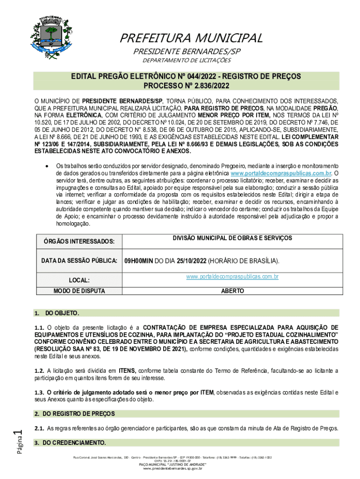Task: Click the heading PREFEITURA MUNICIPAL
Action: click(x=191, y=38)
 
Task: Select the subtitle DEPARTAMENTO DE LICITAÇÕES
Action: click(x=187, y=60)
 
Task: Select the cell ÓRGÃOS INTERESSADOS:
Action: click(x=76, y=241)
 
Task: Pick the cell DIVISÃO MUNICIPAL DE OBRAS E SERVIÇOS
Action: click(x=232, y=238)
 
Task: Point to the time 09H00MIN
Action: click(x=138, y=261)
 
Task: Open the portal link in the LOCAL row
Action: click(x=232, y=277)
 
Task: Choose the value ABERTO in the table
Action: click(x=232, y=291)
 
